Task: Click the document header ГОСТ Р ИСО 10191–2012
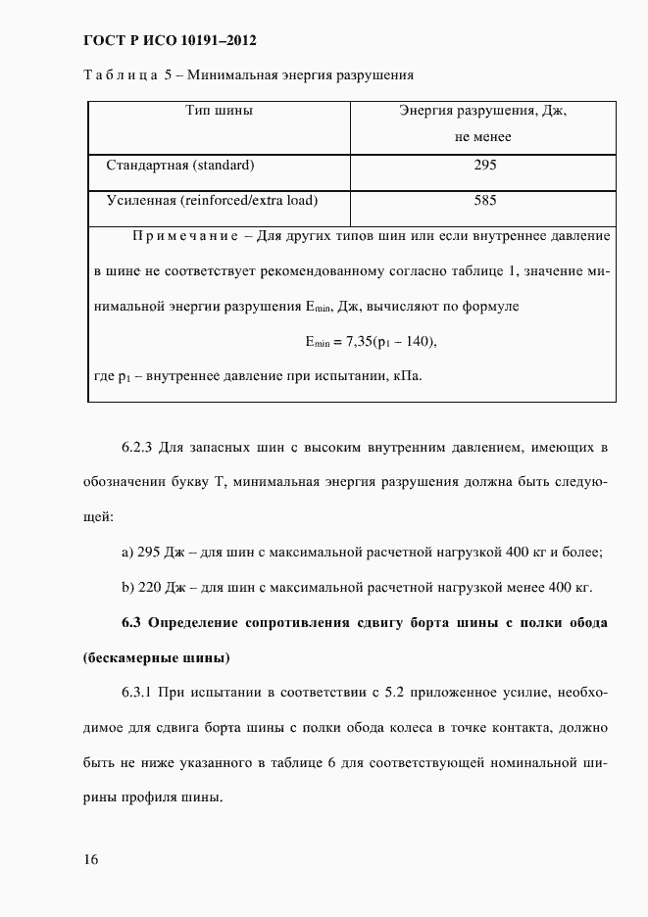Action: click(x=170, y=40)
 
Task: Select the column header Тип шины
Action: click(x=220, y=111)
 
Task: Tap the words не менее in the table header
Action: click(x=483, y=137)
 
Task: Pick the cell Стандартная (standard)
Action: click(x=180, y=165)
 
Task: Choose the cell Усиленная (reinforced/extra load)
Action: click(x=212, y=200)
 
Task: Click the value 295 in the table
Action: click(x=484, y=165)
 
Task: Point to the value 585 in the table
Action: click(x=484, y=200)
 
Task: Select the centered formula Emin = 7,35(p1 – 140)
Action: click(x=370, y=342)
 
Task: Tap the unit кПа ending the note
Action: click(x=407, y=376)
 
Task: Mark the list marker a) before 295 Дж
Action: click(x=127, y=553)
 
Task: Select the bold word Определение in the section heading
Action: click(x=205, y=623)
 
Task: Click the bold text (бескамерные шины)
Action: click(x=157, y=657)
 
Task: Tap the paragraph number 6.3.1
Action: click(x=139, y=693)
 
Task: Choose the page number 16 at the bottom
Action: click(x=91, y=859)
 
